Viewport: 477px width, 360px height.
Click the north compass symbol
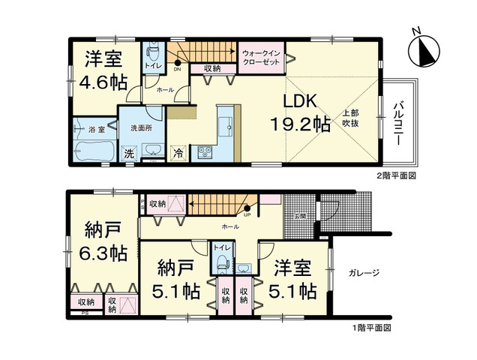pos(422,49)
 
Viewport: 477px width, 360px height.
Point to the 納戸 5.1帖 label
pos(178,278)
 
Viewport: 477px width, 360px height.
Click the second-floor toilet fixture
pos(153,53)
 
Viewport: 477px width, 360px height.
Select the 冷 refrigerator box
pos(178,152)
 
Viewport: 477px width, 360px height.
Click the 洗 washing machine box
pos(129,153)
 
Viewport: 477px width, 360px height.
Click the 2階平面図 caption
pos(395,175)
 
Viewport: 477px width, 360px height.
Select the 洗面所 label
pos(141,127)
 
